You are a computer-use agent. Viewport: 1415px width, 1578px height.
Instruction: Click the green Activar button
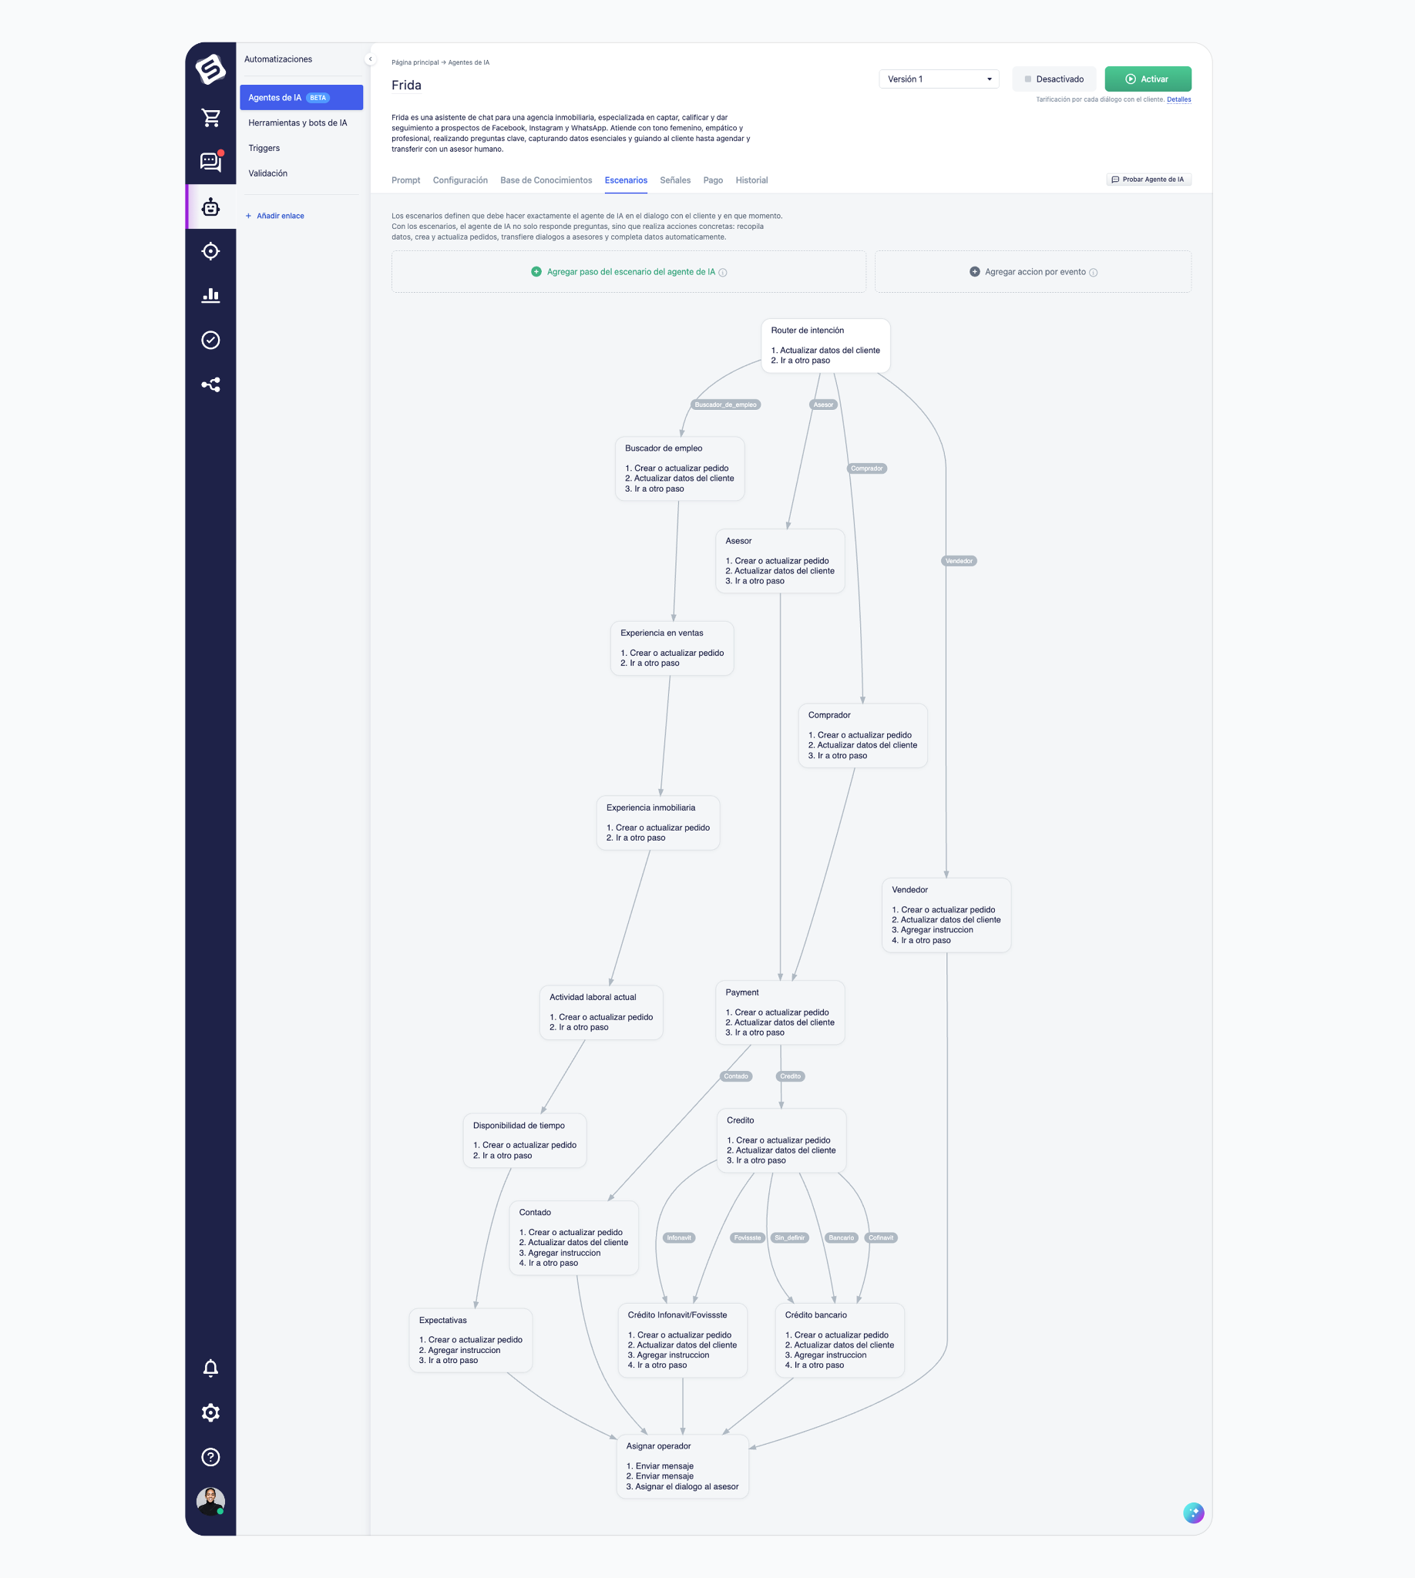[x=1148, y=79]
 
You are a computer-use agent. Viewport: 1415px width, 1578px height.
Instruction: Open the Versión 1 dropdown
[x=939, y=79]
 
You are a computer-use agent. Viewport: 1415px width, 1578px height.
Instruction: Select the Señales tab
[x=675, y=180]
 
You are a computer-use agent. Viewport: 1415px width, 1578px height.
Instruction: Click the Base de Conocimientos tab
[x=546, y=180]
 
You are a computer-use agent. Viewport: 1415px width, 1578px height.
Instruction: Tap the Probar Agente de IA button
[x=1148, y=180]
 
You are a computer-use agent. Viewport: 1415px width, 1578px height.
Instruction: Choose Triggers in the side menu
[x=264, y=149]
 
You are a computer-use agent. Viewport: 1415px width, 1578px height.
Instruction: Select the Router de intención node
[x=825, y=345]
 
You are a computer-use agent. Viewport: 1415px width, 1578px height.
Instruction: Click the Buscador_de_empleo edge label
[x=725, y=405]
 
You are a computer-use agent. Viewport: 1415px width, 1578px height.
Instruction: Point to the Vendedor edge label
[x=960, y=561]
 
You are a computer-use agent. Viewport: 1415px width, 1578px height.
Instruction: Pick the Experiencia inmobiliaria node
[x=657, y=822]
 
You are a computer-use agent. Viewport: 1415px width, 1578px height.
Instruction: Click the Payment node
[x=780, y=1012]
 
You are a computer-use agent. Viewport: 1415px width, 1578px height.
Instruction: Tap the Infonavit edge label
[x=679, y=1238]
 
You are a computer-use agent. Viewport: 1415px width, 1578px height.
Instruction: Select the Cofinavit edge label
[x=881, y=1238]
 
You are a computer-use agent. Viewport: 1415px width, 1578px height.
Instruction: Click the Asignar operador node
[x=683, y=1466]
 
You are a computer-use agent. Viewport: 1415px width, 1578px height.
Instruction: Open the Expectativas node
[x=470, y=1340]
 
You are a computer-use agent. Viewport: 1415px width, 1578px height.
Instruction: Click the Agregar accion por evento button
[x=1034, y=272]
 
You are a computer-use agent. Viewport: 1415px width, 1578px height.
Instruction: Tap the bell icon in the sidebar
[x=210, y=1369]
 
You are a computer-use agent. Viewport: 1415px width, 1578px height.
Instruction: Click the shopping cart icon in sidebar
[x=210, y=118]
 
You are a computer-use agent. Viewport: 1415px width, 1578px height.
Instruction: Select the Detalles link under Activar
[x=1178, y=99]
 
